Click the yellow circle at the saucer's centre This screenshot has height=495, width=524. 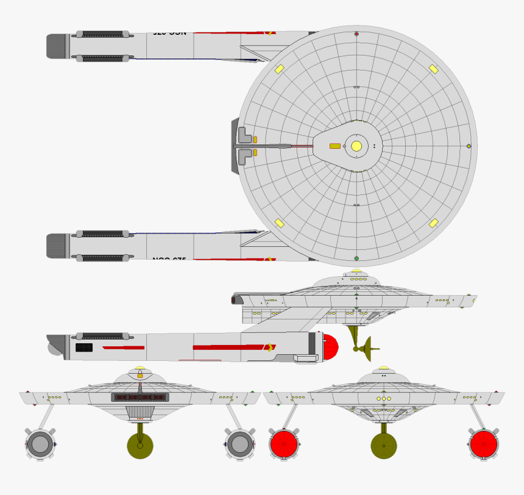tap(356, 146)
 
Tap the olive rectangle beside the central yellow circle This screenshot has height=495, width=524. tap(335, 146)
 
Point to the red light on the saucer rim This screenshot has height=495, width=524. tap(356, 34)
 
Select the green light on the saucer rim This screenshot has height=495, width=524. tap(469, 146)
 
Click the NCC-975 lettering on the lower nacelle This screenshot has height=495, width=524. tap(169, 259)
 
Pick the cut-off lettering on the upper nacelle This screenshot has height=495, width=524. tap(170, 33)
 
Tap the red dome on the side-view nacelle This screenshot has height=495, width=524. tap(330, 347)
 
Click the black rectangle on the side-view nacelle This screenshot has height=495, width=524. tap(84, 347)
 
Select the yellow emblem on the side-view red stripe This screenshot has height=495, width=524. tap(269, 347)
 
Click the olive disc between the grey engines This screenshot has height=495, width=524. tap(140, 446)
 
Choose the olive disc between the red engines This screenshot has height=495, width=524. tap(384, 446)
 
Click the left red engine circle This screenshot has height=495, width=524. tap(283, 444)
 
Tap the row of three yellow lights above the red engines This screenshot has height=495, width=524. tap(384, 399)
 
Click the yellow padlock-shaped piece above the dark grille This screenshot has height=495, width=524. tap(140, 373)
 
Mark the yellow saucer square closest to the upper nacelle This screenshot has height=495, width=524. tap(279, 69)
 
